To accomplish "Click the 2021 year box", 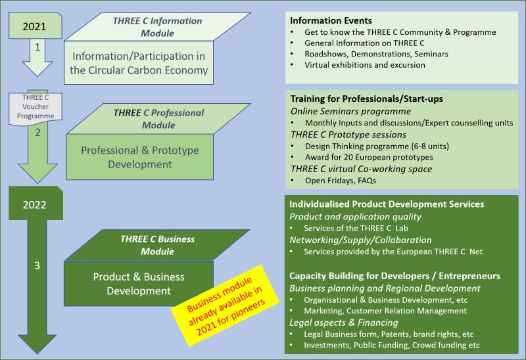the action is (x=34, y=27).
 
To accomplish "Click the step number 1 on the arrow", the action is (x=37, y=47).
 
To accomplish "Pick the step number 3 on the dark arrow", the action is (x=37, y=265).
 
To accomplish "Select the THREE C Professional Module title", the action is (x=157, y=118).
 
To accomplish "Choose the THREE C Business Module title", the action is (x=157, y=245).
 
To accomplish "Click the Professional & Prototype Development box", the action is (x=139, y=157).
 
